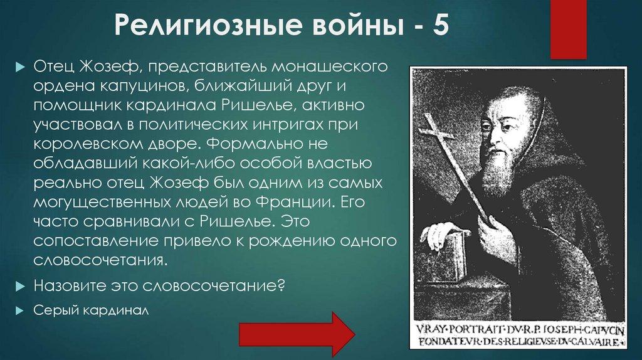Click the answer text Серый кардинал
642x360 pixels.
[92, 310]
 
